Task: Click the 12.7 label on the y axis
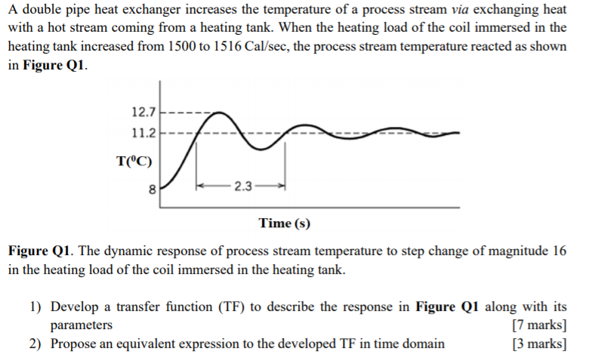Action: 143,113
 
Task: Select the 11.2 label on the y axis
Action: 143,133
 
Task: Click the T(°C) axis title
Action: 134,160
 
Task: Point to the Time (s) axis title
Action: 284,223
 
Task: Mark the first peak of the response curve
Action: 219,113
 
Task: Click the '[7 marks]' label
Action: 538,325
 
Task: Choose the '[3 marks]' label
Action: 538,344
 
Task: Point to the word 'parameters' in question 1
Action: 82,325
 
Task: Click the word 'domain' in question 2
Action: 423,344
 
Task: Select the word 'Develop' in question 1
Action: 74,307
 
